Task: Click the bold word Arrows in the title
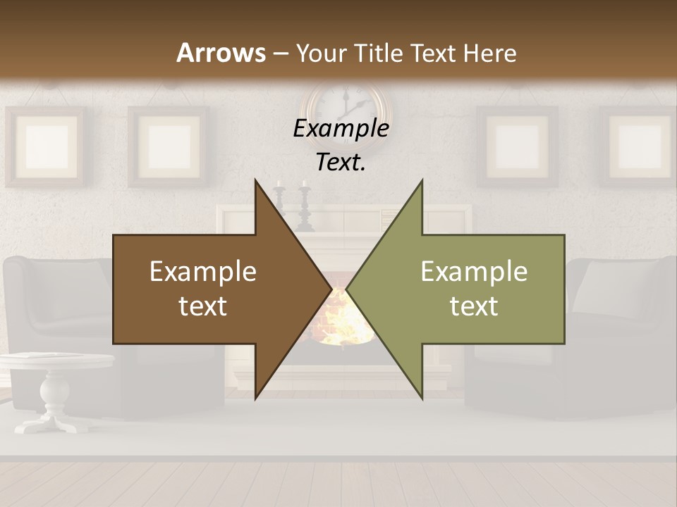coord(221,53)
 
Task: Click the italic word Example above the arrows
coord(341,129)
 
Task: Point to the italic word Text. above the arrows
coord(341,162)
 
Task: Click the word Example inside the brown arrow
coord(203,272)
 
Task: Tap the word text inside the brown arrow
coord(203,306)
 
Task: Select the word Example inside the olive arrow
coord(474,272)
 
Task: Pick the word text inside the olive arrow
coord(474,306)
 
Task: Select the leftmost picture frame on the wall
coord(47,146)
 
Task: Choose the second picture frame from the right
coord(517,146)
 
